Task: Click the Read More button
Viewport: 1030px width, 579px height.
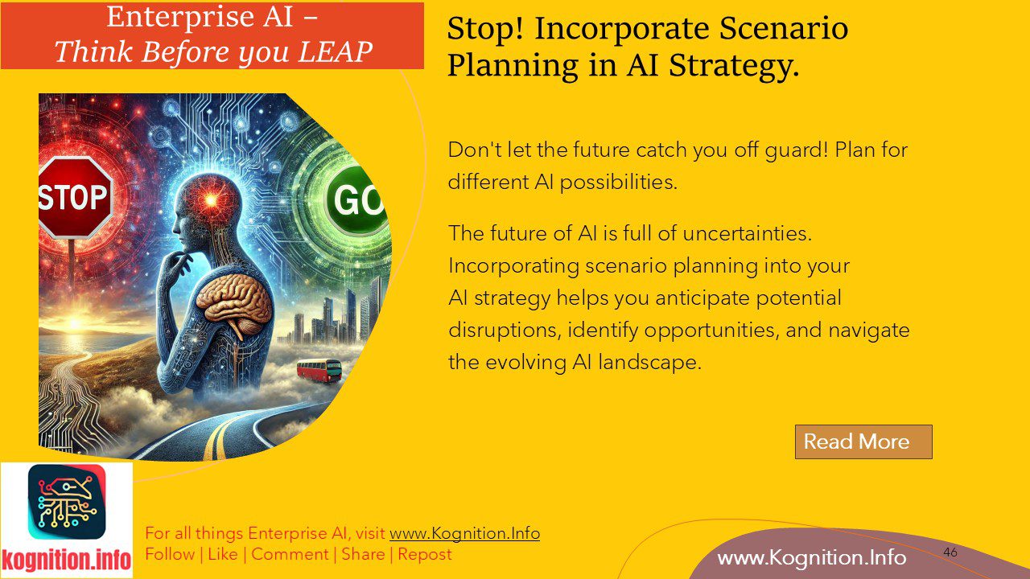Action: [x=863, y=441]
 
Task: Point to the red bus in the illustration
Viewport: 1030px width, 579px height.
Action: [x=319, y=371]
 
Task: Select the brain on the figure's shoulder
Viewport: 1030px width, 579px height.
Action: [x=234, y=298]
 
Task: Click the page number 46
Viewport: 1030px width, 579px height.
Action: [x=950, y=552]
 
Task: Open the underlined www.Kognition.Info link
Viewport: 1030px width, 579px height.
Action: [x=464, y=533]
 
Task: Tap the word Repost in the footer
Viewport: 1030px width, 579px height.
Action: [x=424, y=554]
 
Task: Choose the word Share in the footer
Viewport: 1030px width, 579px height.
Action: [x=363, y=554]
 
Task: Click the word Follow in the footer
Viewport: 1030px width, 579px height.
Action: [x=170, y=554]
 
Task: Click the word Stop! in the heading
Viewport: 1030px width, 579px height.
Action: [x=485, y=29]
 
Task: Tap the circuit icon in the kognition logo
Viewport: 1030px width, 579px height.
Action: [x=67, y=501]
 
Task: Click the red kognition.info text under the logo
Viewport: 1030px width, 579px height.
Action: [x=67, y=560]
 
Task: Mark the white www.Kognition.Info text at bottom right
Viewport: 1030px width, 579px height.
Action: [x=811, y=557]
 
